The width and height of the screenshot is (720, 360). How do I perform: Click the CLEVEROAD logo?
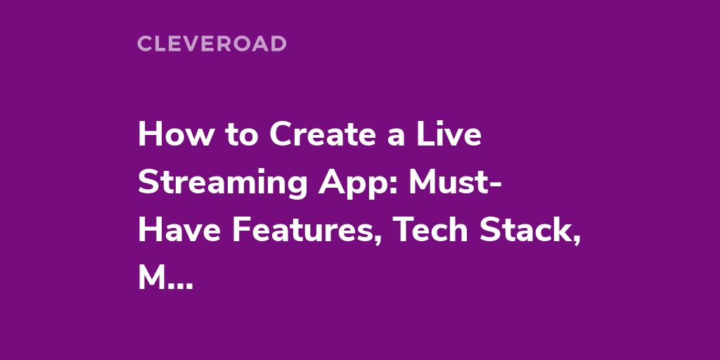coord(212,44)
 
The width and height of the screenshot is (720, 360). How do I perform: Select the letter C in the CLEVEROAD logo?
coord(145,44)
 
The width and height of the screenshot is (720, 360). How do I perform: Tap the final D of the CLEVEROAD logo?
coord(278,44)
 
